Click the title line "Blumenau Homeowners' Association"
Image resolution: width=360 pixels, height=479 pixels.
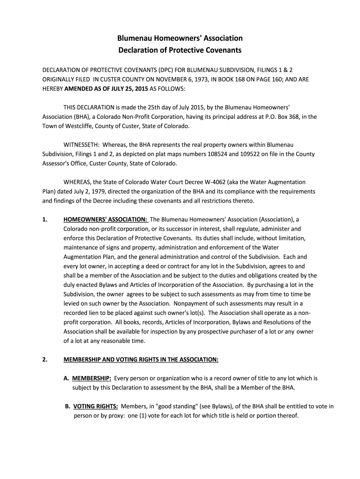pyautogui.click(x=180, y=38)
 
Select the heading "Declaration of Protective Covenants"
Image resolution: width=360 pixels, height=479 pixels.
pyautogui.click(x=180, y=50)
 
